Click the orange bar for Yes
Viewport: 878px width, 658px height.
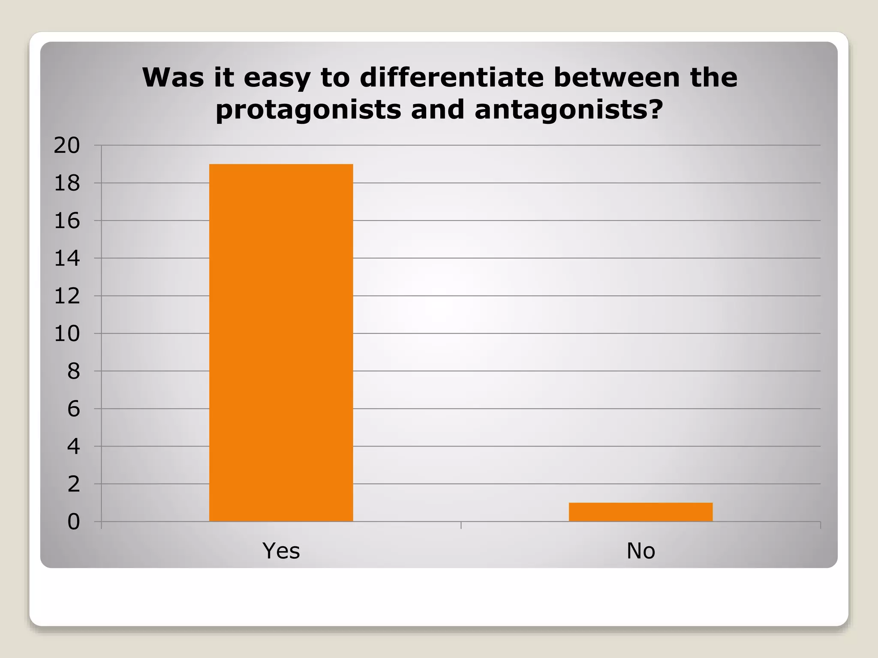pos(281,342)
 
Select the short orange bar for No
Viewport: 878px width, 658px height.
pos(640,512)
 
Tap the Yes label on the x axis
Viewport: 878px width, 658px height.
pos(281,550)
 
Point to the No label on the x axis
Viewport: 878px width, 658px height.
pos(640,550)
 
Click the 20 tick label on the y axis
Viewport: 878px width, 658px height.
pos(67,146)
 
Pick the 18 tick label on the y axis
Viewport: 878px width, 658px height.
pos(67,183)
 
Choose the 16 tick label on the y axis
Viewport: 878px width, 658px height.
pos(67,221)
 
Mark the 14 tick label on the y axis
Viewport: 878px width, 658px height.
pos(67,258)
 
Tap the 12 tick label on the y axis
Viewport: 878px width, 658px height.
pos(67,296)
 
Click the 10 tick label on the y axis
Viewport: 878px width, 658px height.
pos(67,334)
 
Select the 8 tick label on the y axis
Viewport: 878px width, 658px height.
pos(73,371)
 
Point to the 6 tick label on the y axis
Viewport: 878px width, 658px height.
pos(73,409)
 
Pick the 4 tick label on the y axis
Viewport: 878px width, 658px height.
pos(73,446)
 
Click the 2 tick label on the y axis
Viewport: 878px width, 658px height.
pos(73,484)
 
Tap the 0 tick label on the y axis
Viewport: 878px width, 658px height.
pos(73,522)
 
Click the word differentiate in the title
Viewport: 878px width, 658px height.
pos(451,77)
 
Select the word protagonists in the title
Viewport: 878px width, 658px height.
pos(308,110)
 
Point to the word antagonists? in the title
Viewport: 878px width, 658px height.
pos(569,110)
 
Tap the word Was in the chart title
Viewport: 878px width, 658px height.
pos(173,77)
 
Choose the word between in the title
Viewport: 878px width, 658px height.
pos(616,77)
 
